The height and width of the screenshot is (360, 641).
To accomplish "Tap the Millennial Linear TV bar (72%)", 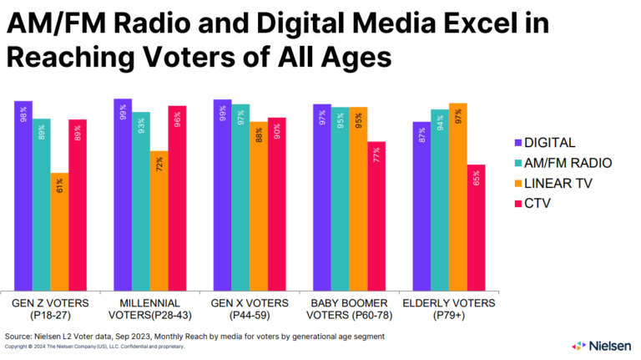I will [x=159, y=221].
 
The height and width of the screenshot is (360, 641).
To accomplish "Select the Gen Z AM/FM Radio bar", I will [x=41, y=205].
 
